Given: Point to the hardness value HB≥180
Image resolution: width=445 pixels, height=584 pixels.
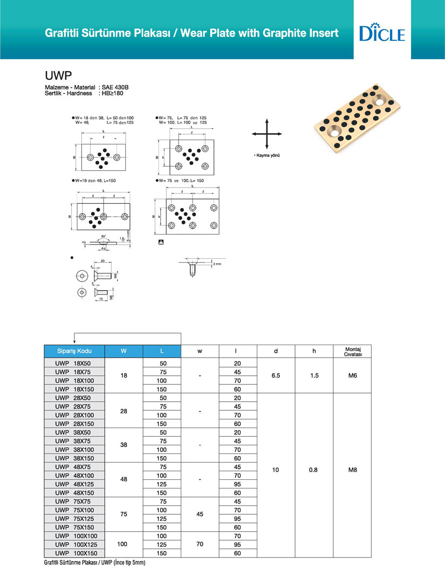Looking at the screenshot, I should (114, 93).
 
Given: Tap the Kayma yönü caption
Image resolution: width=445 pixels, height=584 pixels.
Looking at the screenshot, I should (268, 155).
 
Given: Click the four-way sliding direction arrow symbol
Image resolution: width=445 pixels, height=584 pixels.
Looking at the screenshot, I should (267, 134).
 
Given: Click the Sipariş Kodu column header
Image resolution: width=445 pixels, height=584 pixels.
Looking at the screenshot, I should (74, 351).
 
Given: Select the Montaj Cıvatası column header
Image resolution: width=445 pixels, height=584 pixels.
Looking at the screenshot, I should (352, 351).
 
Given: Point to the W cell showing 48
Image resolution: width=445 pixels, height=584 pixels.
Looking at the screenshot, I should (124, 479).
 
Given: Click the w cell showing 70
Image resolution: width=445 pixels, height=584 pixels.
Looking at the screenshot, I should (200, 545).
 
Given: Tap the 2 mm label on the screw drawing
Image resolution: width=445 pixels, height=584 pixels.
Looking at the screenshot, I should (217, 264).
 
